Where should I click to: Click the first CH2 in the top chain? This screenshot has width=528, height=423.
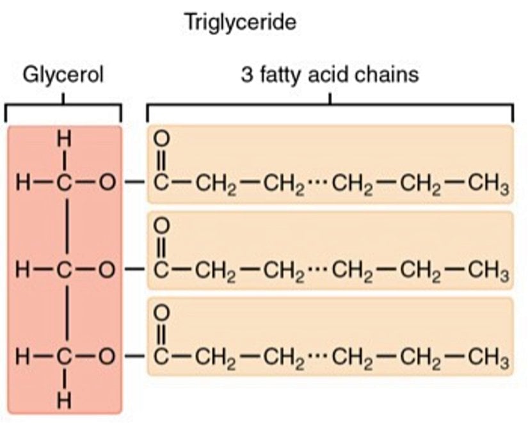click(213, 186)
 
